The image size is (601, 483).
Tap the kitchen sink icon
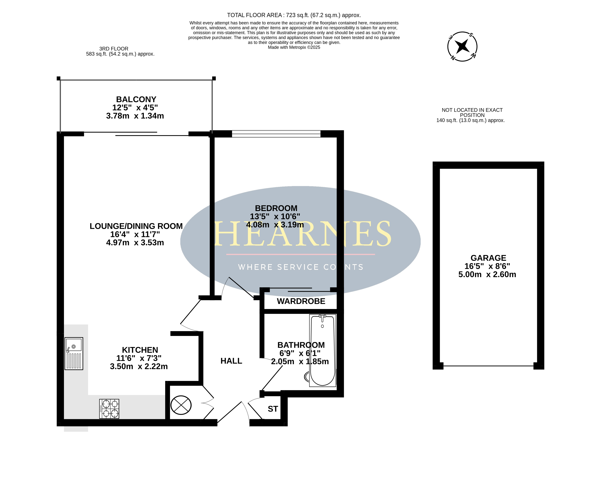pos(74,353)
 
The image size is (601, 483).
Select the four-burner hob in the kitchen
pos(109,409)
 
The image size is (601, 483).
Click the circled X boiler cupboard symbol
pos(181,405)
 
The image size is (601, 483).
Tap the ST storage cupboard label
pos(273,409)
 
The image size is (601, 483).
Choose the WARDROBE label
pos(301,301)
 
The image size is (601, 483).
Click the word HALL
pos(231,361)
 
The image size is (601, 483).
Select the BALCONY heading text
pos(136,99)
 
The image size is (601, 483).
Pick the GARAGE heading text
pos(488,258)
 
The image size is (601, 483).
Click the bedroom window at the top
pos(276,134)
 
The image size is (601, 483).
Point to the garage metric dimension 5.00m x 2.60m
pos(487,274)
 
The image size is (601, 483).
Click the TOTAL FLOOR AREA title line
pos(294,15)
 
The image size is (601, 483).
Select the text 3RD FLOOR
pos(114,49)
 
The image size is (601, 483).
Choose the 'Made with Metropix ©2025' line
pos(294,47)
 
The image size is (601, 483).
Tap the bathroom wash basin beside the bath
pos(307,377)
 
